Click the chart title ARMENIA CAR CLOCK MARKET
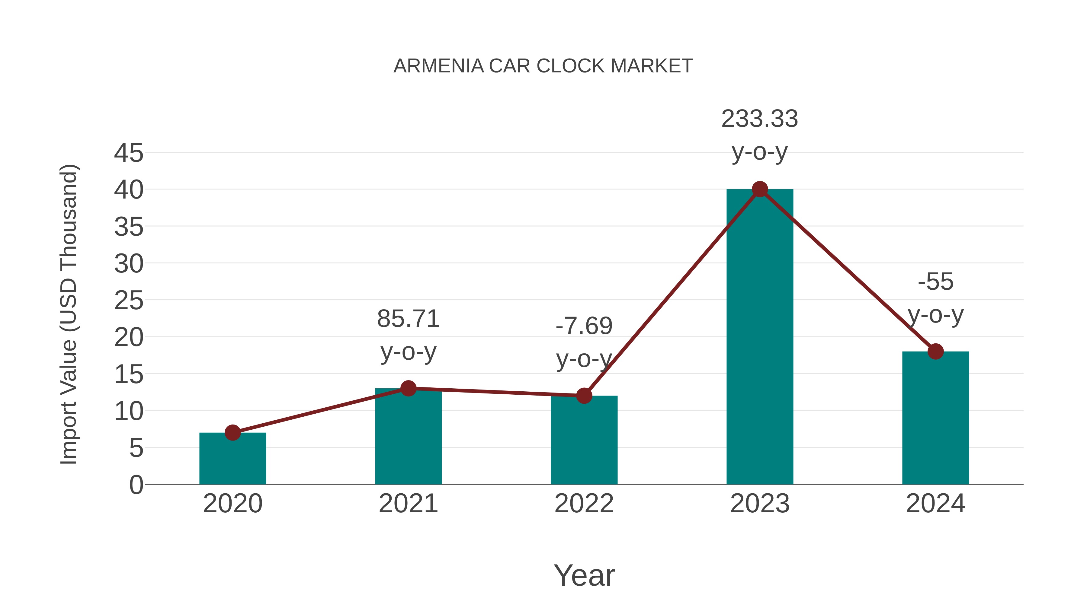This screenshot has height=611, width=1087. coord(543,66)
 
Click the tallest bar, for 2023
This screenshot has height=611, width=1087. coord(760,337)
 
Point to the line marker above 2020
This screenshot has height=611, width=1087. coord(232,433)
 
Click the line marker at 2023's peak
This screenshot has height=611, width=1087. coord(760,189)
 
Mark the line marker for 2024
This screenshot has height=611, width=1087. coord(935,351)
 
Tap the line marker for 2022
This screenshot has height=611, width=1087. coord(584,396)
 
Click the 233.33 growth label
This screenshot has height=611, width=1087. coord(760,119)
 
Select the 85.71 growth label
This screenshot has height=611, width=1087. coord(408,319)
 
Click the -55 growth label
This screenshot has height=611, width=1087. coord(935,282)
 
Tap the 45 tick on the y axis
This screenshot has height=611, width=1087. coord(129,153)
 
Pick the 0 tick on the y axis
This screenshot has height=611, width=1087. coord(136,485)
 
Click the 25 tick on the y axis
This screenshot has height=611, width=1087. coord(129,300)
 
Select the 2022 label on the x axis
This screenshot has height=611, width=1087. coord(584,504)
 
